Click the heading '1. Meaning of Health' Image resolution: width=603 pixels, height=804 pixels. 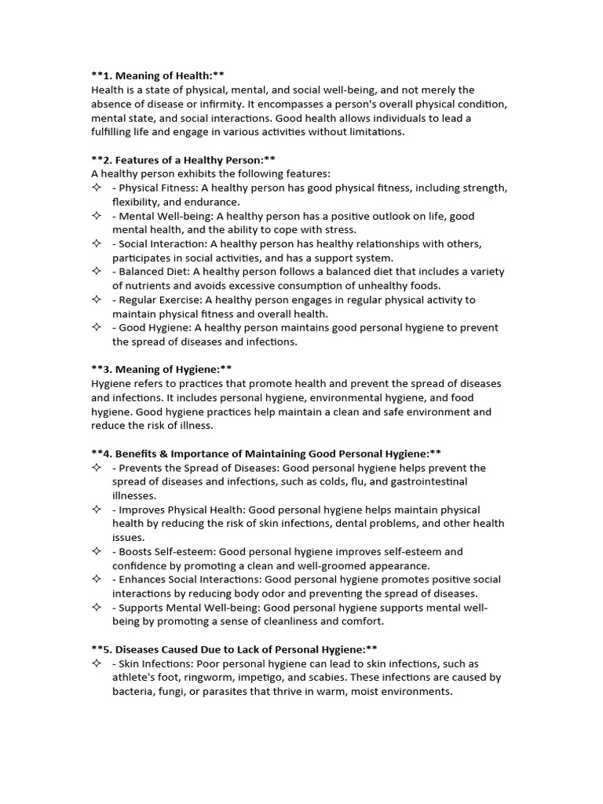pyautogui.click(x=158, y=75)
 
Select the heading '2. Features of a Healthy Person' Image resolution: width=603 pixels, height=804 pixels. pyautogui.click(x=183, y=159)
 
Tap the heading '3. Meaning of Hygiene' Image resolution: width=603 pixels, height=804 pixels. pyautogui.click(x=162, y=369)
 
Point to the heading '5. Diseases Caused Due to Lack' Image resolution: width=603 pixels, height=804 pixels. pyautogui.click(x=234, y=649)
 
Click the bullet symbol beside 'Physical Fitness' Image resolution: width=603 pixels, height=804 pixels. pyautogui.click(x=97, y=188)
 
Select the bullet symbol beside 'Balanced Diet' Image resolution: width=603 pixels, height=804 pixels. pyautogui.click(x=97, y=271)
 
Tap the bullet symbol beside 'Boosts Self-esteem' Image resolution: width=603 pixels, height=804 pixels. pyautogui.click(x=97, y=551)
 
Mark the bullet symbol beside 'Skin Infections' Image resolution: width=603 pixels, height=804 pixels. pyautogui.click(x=97, y=663)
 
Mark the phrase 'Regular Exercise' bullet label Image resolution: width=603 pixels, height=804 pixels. pyautogui.click(x=155, y=300)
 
